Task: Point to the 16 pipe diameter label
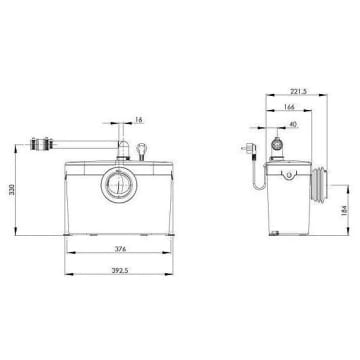point(138,119)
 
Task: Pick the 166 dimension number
point(290,107)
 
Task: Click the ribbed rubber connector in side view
point(318,186)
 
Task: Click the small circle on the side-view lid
point(285,176)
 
